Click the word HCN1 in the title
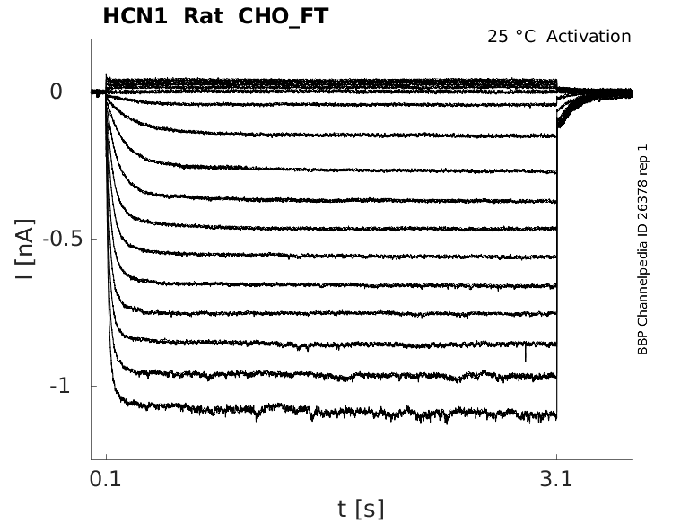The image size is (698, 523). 135,16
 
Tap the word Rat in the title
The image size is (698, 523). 204,16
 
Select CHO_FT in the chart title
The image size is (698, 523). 284,17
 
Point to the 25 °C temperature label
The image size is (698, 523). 511,37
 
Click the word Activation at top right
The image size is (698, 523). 589,37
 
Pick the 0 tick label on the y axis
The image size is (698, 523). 57,92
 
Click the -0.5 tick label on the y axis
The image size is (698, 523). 63,239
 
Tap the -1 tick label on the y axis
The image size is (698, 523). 60,386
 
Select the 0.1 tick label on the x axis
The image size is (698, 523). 106,479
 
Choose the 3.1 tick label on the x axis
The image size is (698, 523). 556,479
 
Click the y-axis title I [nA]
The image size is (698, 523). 24,249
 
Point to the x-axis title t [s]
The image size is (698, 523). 361,509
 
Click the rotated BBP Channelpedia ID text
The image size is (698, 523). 642,249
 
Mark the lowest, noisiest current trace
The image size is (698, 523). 332,412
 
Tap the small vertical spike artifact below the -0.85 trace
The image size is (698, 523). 526,352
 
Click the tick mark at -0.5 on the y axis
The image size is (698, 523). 93,239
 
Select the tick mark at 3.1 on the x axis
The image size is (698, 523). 556,457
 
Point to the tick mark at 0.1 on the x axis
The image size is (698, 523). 106,457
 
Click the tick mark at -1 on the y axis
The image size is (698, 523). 93,386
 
